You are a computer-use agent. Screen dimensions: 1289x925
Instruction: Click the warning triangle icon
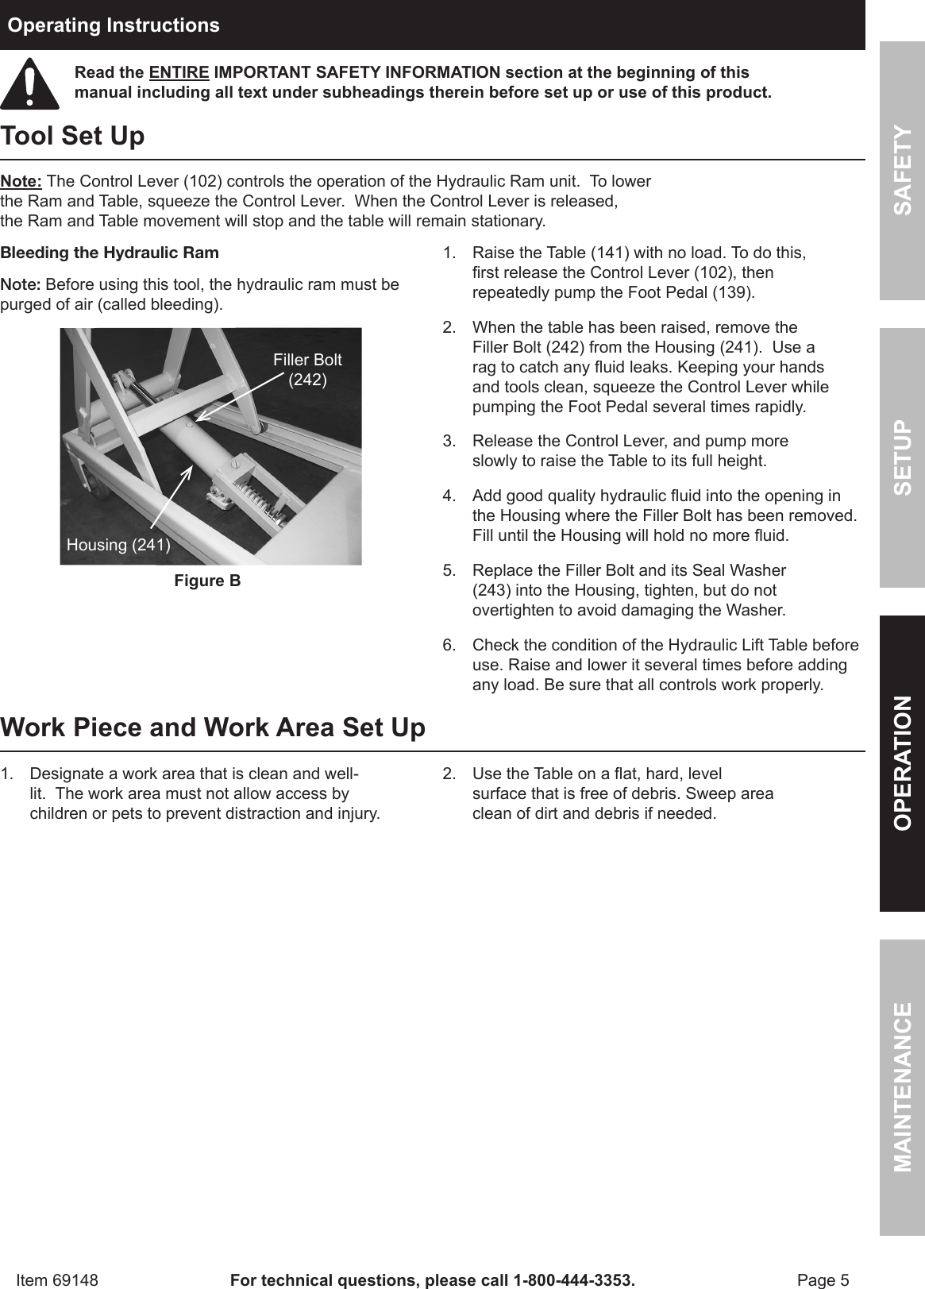click(29, 83)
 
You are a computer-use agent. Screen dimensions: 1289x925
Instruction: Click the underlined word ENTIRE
click(179, 73)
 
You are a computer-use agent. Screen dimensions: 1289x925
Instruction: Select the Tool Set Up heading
click(73, 136)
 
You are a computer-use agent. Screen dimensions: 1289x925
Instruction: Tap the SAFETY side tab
click(902, 170)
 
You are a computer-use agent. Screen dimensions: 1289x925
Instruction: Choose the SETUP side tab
click(902, 457)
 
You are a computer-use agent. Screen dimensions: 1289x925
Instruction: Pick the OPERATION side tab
click(902, 762)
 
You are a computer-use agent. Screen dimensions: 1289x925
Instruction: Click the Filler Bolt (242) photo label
click(307, 369)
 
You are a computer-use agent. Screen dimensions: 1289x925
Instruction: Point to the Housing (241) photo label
click(118, 545)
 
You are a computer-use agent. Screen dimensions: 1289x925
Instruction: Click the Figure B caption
click(207, 581)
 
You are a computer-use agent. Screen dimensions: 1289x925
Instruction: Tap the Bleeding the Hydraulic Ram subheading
click(110, 253)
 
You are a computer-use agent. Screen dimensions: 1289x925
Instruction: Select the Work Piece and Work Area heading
click(213, 727)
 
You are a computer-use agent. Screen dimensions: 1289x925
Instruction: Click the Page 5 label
click(823, 1279)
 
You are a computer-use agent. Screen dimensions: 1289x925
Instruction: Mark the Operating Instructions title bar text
click(114, 25)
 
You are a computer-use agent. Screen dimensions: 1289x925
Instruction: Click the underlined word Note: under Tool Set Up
click(21, 181)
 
